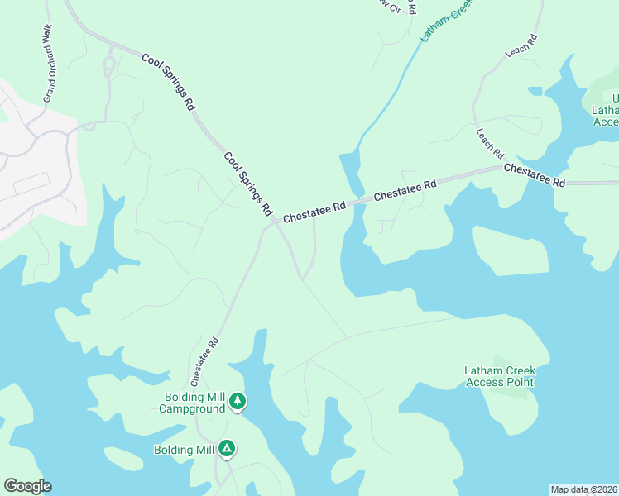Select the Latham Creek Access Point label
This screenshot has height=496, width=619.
point(499,376)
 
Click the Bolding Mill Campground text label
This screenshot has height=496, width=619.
point(192,403)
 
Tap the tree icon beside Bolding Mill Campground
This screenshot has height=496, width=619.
point(238,402)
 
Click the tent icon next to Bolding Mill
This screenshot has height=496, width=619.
point(227,449)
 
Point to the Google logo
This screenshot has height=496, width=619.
point(27,486)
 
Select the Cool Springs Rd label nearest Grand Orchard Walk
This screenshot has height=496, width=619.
point(168,82)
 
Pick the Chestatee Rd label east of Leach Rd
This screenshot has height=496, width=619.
point(534,174)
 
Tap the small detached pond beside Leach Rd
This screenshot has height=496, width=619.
point(535,89)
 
